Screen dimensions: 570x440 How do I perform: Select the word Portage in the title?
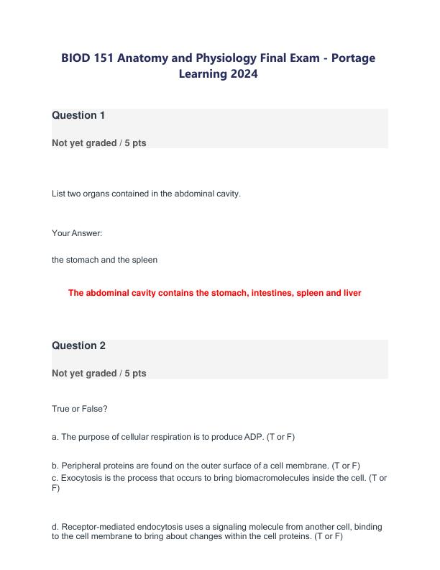(349, 58)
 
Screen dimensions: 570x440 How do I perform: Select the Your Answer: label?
(73, 233)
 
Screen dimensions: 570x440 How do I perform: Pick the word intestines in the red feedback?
(273, 293)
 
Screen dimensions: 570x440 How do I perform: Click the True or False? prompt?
(80, 409)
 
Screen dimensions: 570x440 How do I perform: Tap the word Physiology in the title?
(214, 58)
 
